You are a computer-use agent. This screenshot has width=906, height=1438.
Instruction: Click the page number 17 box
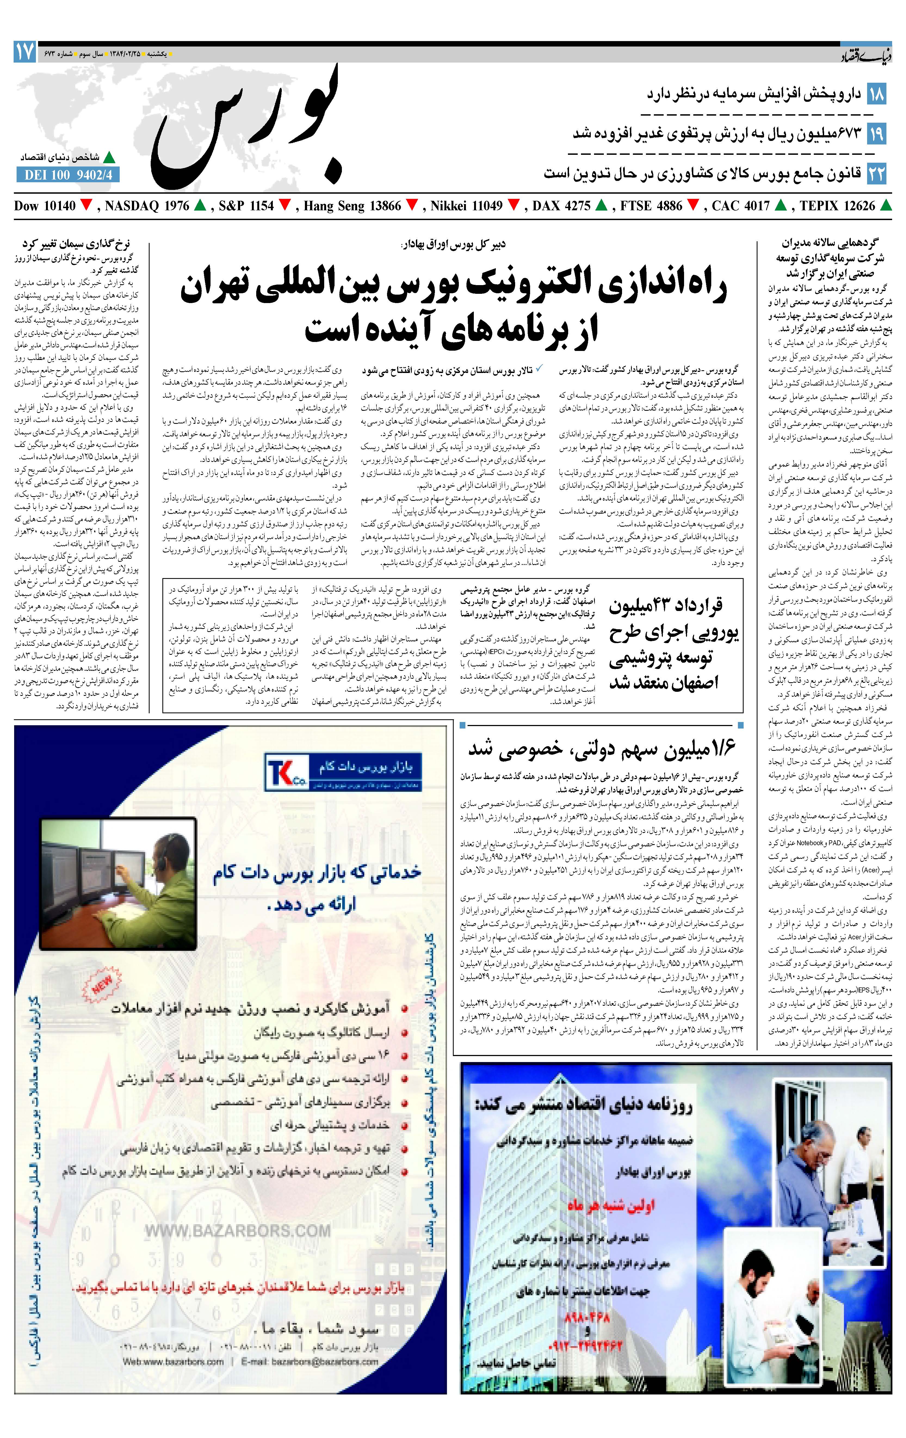pyautogui.click(x=24, y=53)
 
